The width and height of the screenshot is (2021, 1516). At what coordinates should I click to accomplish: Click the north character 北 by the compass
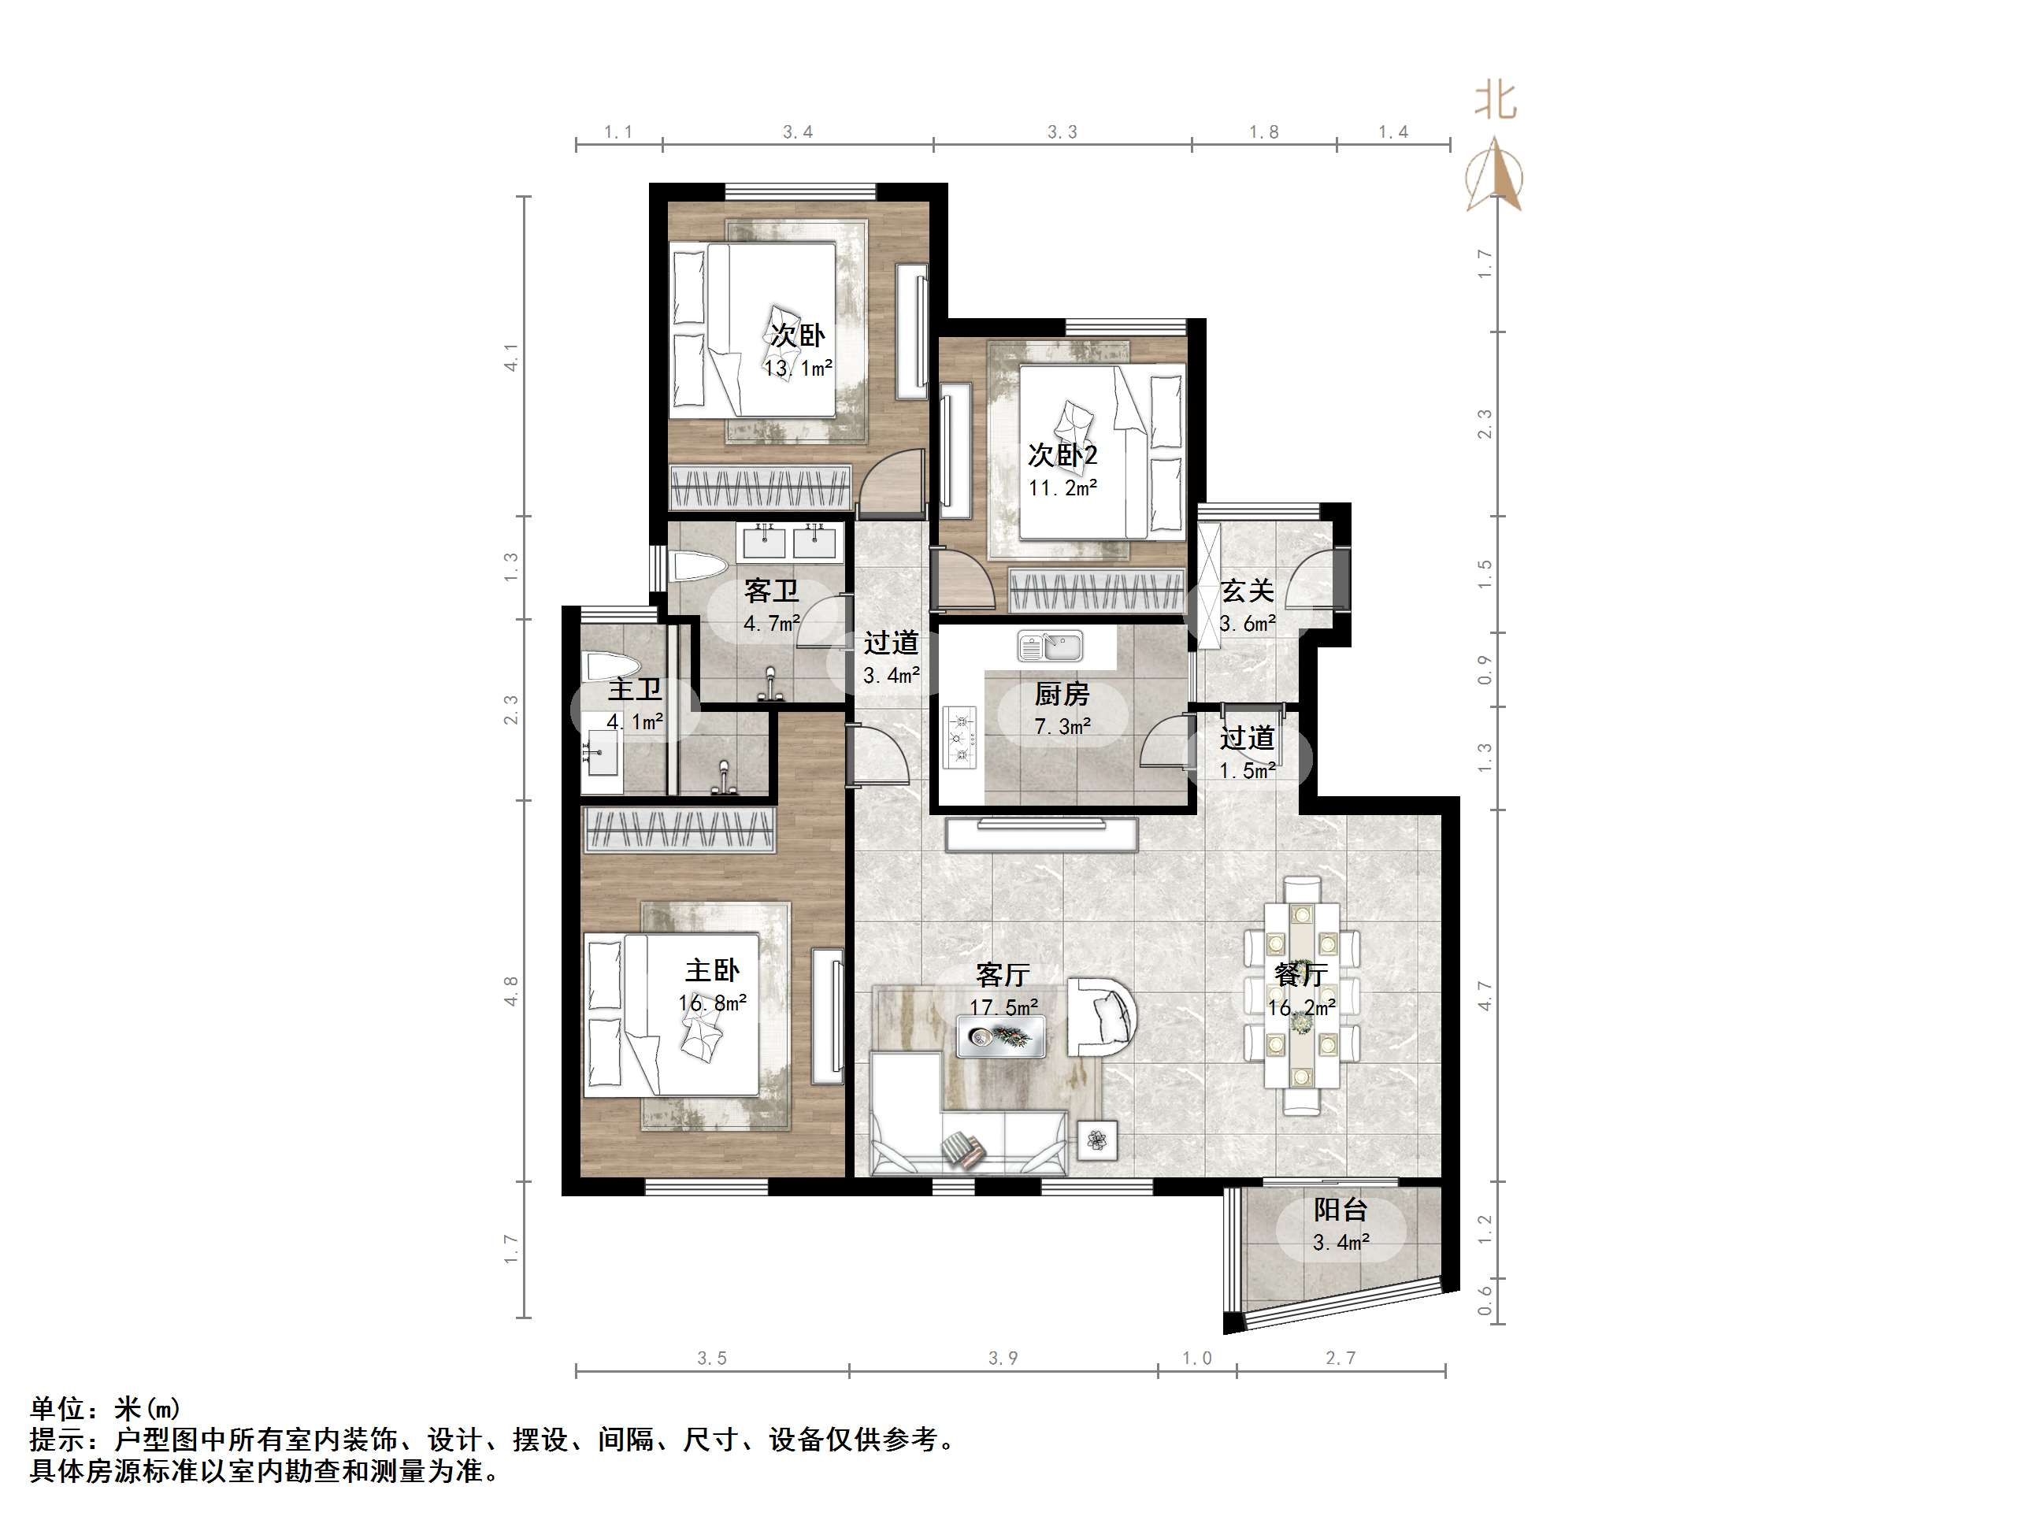coord(1496,101)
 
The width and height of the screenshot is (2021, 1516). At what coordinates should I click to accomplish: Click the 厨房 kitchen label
coord(1062,695)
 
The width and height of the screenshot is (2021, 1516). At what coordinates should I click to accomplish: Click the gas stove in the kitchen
coord(959,736)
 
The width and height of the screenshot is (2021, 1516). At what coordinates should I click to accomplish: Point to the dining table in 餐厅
coord(1301,996)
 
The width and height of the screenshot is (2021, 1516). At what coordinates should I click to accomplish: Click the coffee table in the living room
coord(1000,1037)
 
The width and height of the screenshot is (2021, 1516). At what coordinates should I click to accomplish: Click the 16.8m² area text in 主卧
coord(713,1003)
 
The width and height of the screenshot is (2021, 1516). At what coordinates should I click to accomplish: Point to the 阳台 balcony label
coord(1341,1210)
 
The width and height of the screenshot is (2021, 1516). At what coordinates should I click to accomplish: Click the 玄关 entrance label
coord(1247,591)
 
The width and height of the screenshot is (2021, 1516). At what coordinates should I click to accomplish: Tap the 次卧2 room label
coord(1062,454)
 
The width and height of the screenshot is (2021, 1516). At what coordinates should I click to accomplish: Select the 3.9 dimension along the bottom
coord(1003,1358)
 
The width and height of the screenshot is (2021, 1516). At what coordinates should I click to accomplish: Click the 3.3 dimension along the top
coord(1062,132)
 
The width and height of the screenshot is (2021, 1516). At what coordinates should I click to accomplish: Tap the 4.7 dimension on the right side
coord(1485,995)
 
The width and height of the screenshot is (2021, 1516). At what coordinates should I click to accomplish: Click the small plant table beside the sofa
coord(1097,1140)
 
